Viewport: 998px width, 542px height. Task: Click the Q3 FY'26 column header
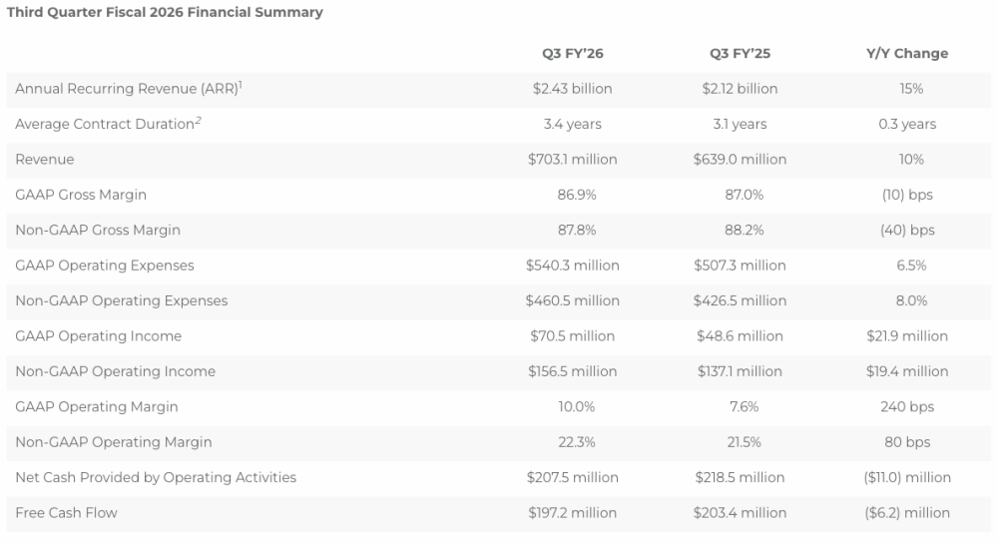click(572, 54)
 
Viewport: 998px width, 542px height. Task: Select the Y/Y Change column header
click(907, 54)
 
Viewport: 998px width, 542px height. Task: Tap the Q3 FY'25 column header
click(740, 54)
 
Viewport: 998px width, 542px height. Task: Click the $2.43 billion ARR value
click(572, 89)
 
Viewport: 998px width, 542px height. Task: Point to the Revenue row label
click(45, 160)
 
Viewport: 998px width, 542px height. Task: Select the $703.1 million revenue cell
click(572, 160)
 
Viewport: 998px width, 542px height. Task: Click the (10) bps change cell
click(907, 195)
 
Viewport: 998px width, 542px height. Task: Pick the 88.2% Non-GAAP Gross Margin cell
click(745, 230)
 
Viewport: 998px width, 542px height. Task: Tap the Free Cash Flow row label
click(66, 513)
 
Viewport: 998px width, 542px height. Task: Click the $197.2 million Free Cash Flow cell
click(572, 513)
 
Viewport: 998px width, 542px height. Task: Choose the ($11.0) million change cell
click(907, 478)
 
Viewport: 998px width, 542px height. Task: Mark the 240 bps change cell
click(907, 407)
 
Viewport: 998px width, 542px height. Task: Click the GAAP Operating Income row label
click(98, 336)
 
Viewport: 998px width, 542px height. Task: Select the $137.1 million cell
click(740, 371)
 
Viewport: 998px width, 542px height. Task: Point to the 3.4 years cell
click(572, 124)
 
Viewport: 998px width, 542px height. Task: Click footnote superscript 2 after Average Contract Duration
click(198, 120)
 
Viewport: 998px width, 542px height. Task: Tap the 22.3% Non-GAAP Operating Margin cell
click(577, 442)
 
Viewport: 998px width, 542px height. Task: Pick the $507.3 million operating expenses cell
click(740, 266)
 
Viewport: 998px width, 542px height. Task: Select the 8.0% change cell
click(911, 300)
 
